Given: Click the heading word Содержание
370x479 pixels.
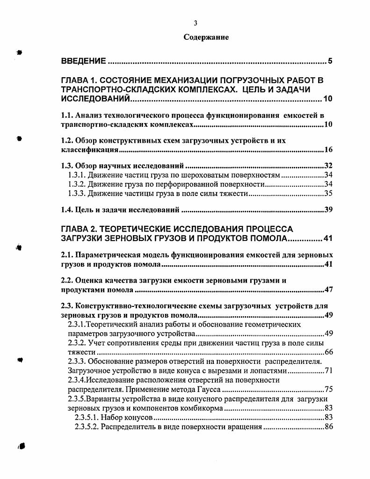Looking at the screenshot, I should pos(206,37).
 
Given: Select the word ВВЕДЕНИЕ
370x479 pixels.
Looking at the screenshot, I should pos(83,61).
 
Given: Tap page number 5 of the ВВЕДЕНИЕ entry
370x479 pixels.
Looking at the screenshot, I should pos(330,61).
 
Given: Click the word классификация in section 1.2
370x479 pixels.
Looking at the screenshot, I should pos(89,150).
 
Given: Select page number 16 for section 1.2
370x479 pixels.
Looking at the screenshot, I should pos(328,150).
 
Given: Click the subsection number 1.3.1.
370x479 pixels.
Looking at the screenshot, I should pos(78,175).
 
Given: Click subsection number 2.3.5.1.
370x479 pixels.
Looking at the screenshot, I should pos(87,417).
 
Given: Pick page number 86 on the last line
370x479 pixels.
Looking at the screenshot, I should pos(328,427).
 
